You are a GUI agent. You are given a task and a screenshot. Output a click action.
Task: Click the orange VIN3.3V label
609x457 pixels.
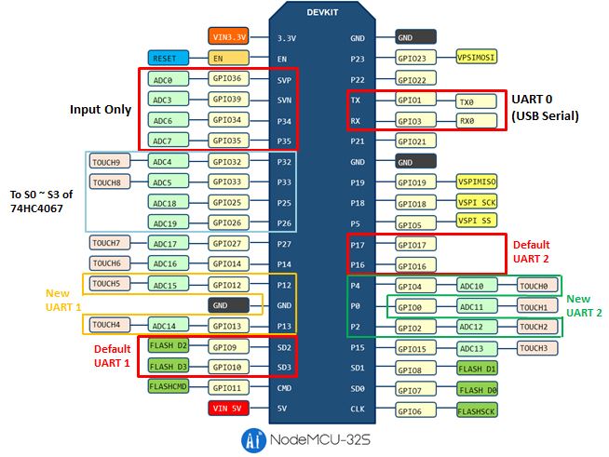228,37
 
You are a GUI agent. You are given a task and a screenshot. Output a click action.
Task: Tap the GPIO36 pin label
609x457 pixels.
228,79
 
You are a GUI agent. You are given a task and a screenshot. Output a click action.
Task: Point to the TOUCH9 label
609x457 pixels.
106,161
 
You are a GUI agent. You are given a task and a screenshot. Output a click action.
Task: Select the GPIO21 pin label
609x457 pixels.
416,141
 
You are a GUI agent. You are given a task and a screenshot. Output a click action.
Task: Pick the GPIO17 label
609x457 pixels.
416,244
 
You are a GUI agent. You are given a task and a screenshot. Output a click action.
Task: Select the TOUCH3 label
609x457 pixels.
535,347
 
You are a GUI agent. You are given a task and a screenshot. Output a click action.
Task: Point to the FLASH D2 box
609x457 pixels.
169,346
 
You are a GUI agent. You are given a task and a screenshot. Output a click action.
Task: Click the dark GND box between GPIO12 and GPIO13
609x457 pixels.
228,304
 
